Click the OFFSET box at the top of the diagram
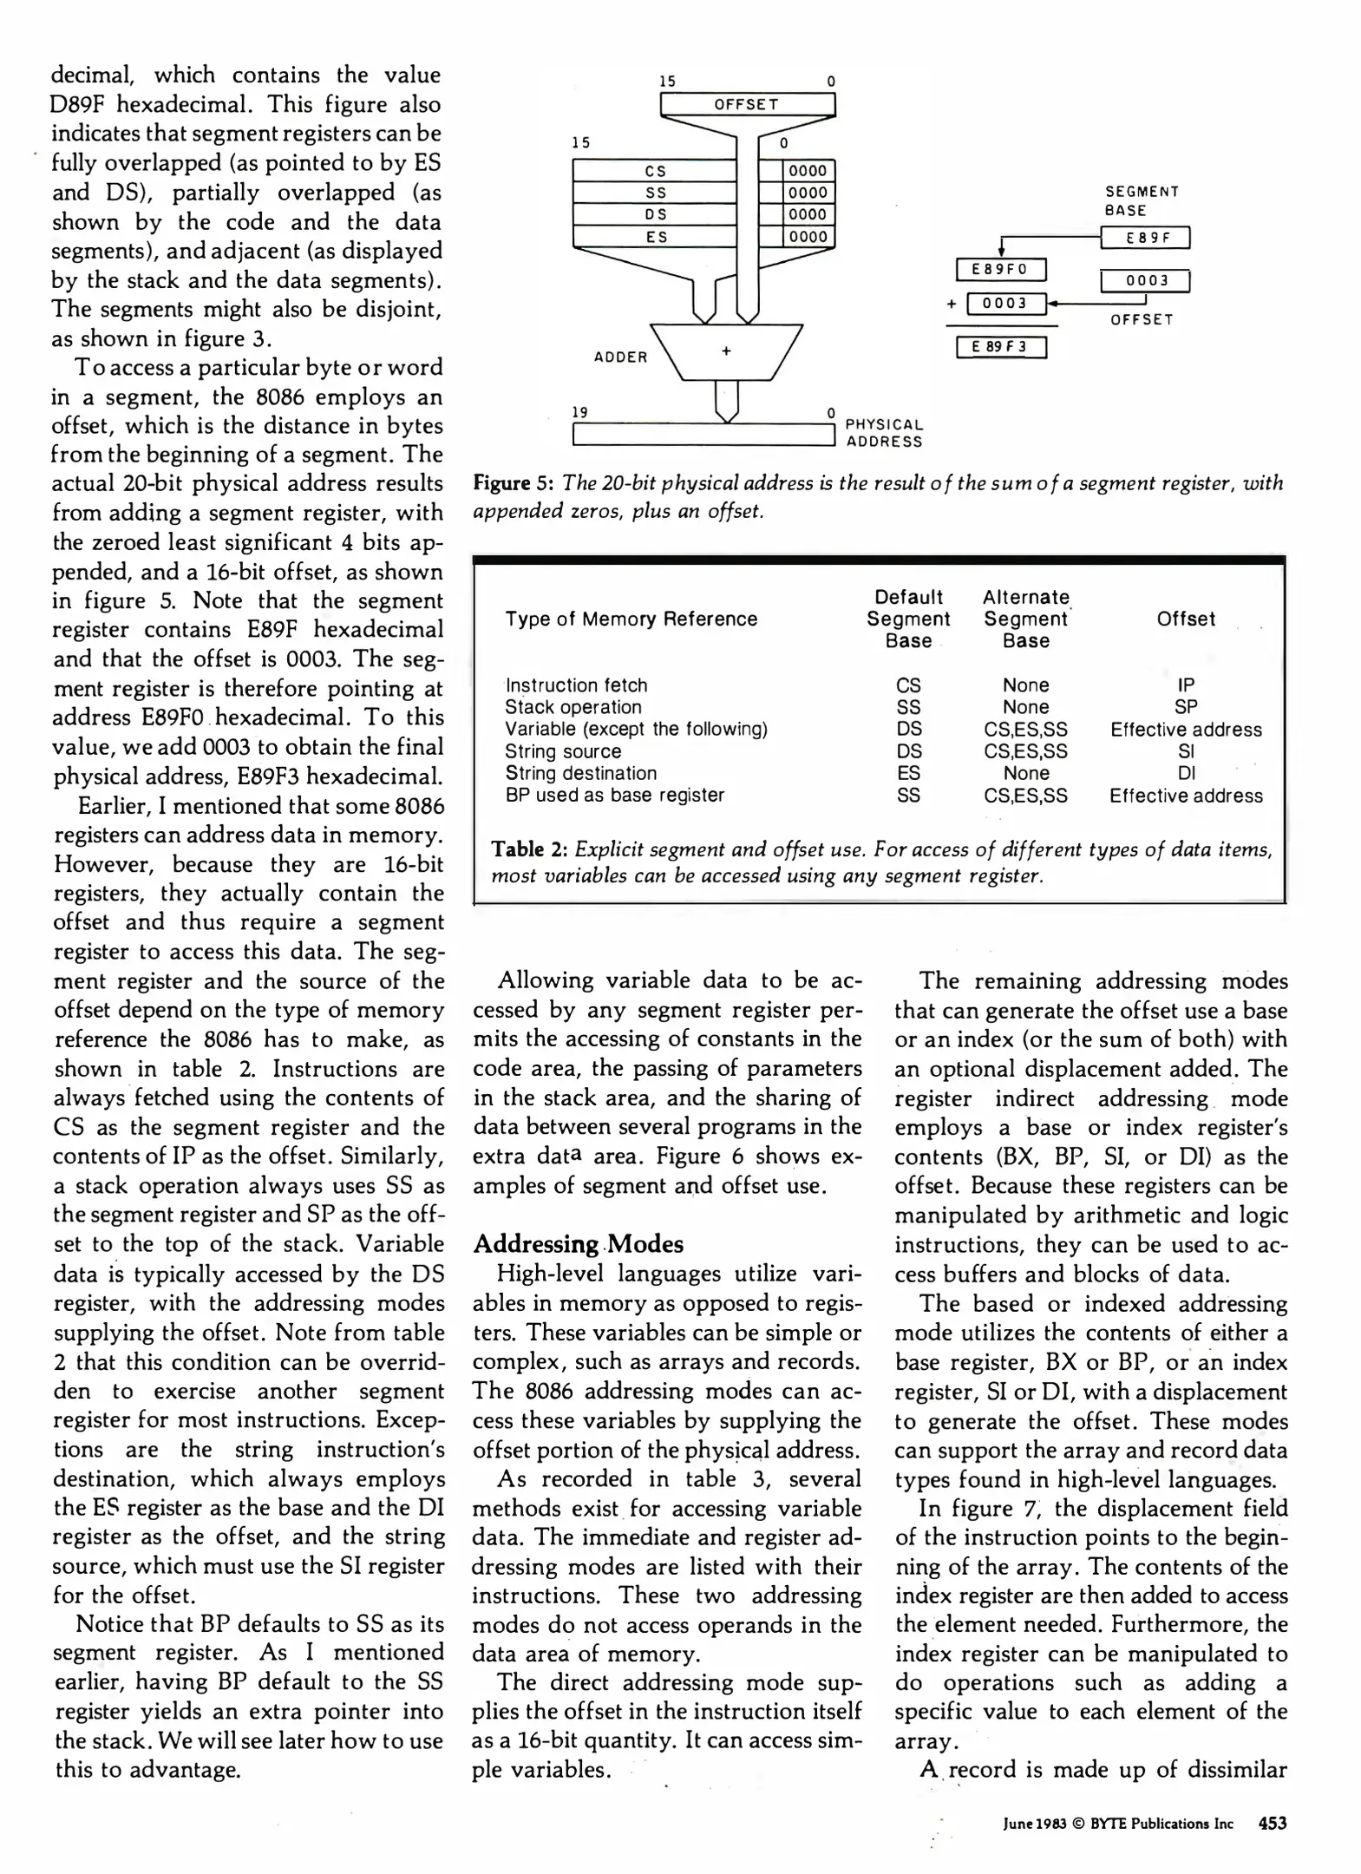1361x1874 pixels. click(x=747, y=105)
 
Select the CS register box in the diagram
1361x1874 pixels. click(x=655, y=172)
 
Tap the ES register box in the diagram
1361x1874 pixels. click(x=655, y=237)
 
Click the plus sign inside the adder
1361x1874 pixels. click(x=726, y=351)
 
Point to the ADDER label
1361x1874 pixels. click(x=620, y=357)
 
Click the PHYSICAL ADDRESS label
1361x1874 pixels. click(x=884, y=433)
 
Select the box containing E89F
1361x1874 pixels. click(x=1145, y=238)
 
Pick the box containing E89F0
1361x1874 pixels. click(x=1001, y=270)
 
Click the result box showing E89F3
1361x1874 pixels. click(x=1001, y=347)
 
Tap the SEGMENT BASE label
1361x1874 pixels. click(x=1142, y=201)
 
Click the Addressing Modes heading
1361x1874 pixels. click(x=578, y=1244)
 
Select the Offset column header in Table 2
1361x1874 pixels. click(x=1186, y=619)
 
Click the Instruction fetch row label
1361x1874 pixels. click(x=576, y=685)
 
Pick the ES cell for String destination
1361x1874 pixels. click(x=908, y=773)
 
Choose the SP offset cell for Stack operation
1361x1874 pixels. click(x=1186, y=707)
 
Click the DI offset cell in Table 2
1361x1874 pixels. click(x=1186, y=773)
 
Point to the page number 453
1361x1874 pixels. click(x=1272, y=1824)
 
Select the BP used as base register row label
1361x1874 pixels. click(x=614, y=796)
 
